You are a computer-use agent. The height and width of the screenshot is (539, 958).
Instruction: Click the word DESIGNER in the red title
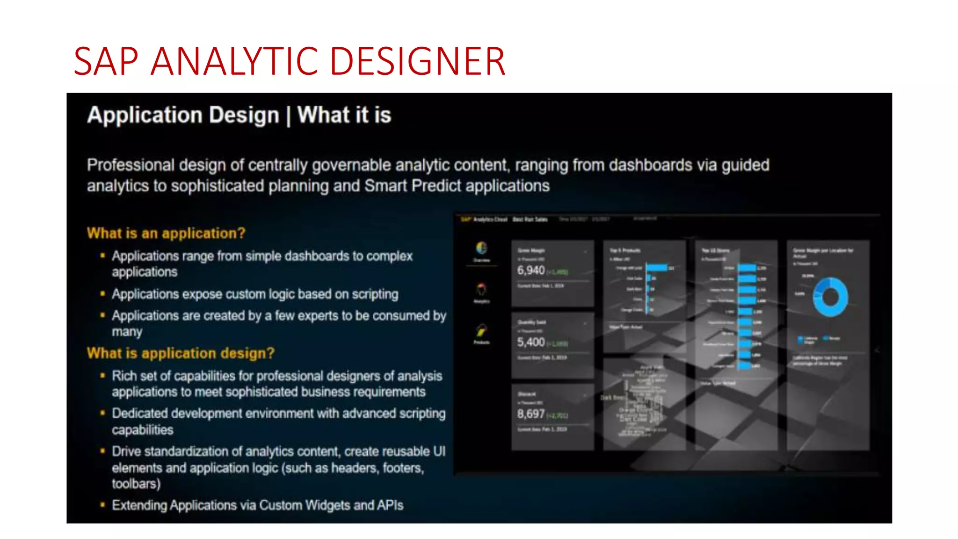pos(417,61)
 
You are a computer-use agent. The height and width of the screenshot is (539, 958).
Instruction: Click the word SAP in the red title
pos(106,61)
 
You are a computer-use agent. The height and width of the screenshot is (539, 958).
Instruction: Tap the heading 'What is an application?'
pos(166,233)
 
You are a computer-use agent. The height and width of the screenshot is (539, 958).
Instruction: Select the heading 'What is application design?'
pos(181,353)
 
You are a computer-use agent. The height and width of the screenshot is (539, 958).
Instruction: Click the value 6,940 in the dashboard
pos(531,270)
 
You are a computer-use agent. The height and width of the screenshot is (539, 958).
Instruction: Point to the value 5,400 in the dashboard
pos(531,342)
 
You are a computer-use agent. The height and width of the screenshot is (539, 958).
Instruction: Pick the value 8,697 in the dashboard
pos(531,414)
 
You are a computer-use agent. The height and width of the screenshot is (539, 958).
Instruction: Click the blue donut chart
pos(830,297)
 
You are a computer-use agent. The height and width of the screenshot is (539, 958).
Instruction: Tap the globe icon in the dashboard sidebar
pos(481,248)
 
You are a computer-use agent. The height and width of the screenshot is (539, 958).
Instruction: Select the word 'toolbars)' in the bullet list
pos(136,483)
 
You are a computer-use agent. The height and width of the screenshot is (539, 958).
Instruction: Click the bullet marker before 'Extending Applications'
pos(102,505)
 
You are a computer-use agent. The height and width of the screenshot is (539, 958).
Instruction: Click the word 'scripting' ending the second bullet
pos(375,294)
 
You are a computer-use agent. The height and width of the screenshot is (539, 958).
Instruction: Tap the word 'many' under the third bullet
pos(127,332)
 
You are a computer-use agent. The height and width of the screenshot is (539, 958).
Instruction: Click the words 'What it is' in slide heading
pos(344,115)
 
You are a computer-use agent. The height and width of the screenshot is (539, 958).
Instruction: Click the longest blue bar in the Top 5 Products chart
pos(657,268)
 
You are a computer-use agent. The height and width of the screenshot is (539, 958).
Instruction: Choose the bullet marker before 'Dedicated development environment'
pos(102,413)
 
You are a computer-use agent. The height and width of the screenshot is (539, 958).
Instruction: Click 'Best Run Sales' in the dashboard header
pos(530,219)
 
